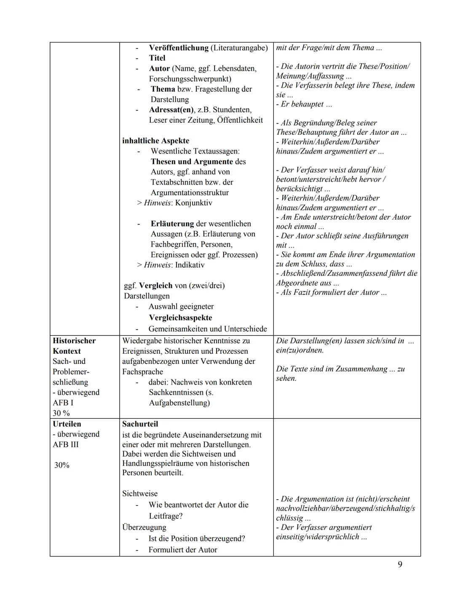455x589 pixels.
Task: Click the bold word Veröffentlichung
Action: coord(179,48)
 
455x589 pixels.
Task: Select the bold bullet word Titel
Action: coord(157,58)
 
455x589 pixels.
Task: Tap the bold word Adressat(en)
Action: coord(171,110)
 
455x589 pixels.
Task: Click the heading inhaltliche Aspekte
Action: coord(155,141)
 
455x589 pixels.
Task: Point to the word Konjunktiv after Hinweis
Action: coord(193,203)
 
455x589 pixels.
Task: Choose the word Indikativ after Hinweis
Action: coord(190,265)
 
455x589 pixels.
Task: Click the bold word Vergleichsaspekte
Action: coord(180,318)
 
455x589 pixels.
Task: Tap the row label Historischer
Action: coord(74,341)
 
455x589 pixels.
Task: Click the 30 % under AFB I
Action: coord(61,413)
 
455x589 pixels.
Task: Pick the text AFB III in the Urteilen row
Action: coord(65,444)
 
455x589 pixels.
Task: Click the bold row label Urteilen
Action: coord(67,424)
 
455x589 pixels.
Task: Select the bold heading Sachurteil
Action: coord(140,424)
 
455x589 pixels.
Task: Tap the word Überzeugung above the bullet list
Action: coord(144,527)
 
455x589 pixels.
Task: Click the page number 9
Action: coord(400,565)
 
